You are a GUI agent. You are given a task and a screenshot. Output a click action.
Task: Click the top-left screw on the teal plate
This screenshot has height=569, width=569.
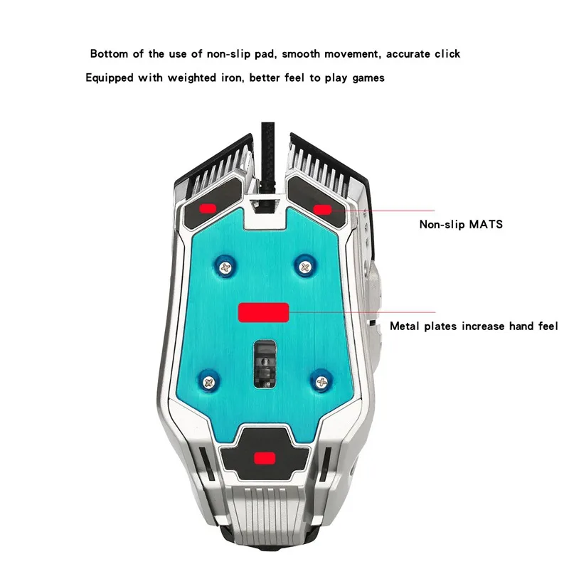(x=225, y=268)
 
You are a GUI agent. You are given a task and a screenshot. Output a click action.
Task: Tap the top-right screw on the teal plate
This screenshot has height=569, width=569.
(x=305, y=267)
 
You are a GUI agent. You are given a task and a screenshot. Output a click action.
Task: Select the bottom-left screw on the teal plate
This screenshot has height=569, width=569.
(x=208, y=382)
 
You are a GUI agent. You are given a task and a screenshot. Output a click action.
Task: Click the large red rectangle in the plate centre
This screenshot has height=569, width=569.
(x=263, y=312)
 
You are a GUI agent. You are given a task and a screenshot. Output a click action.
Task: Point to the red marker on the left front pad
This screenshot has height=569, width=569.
(x=208, y=208)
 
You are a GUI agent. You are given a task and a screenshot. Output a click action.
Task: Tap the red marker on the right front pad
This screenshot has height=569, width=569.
(x=322, y=210)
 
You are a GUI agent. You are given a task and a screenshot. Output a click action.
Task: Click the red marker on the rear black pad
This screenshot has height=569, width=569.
(x=265, y=458)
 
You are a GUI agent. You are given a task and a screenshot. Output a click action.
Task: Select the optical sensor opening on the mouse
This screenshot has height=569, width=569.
(x=265, y=363)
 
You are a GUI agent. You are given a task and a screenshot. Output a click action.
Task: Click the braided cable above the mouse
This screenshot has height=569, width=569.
(x=268, y=156)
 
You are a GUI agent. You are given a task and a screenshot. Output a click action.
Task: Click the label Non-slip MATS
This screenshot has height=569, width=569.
(x=461, y=224)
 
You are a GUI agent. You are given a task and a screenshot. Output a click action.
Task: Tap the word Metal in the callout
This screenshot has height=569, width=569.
(x=405, y=326)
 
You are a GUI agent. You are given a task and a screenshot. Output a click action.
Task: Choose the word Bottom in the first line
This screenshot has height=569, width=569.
(x=109, y=54)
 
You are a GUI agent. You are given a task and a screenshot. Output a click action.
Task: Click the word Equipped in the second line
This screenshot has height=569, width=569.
(x=110, y=78)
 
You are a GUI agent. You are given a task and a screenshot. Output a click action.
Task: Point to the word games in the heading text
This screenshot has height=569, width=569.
(x=368, y=78)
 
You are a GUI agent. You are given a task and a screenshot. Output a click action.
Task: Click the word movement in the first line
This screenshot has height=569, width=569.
(x=352, y=54)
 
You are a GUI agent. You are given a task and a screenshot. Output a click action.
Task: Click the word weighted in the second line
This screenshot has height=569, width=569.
(x=191, y=78)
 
